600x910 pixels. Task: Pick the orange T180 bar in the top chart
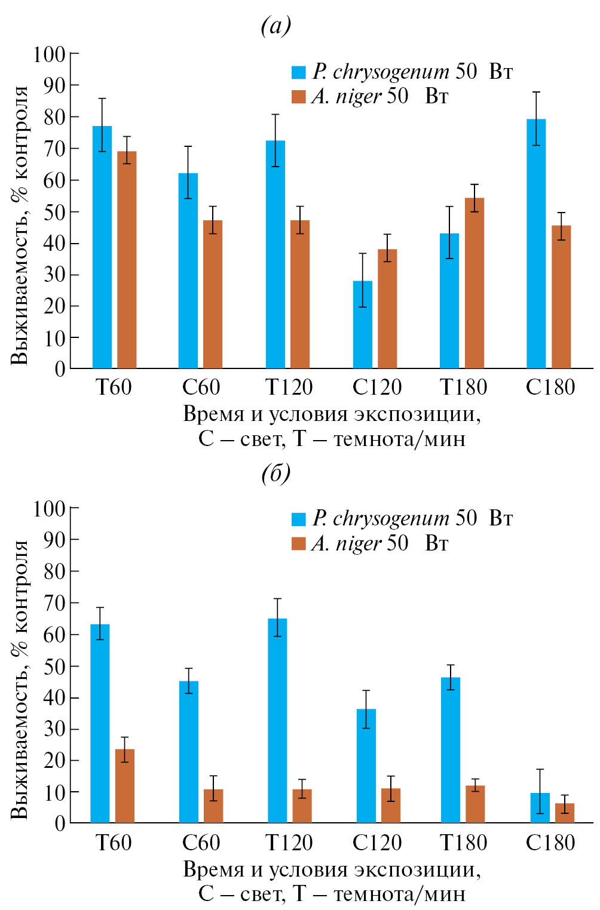point(475,283)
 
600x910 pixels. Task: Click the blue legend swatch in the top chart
point(298,72)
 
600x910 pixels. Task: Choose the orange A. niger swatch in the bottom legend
point(298,543)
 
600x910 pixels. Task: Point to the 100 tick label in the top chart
point(49,54)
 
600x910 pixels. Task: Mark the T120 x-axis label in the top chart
point(289,388)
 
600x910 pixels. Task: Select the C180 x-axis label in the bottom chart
point(550,843)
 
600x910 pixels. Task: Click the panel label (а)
point(276,26)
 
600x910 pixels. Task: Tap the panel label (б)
point(276,474)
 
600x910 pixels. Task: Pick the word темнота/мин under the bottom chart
point(399,894)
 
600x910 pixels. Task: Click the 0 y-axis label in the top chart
point(60,370)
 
